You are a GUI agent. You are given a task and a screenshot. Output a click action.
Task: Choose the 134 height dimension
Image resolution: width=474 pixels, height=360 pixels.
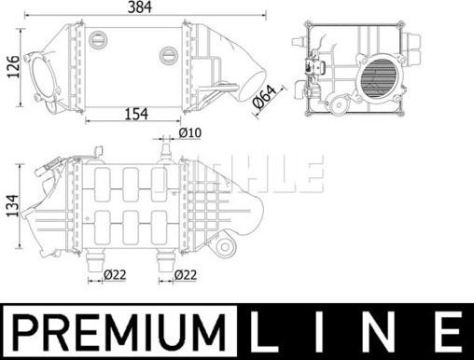coord(13,205)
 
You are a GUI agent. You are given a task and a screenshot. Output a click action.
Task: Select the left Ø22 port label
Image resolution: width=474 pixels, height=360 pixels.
coord(115,274)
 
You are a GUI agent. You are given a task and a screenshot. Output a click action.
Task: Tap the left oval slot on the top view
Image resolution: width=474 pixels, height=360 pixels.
coord(98,40)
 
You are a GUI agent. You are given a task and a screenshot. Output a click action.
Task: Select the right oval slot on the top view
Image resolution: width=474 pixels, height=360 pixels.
coord(167,54)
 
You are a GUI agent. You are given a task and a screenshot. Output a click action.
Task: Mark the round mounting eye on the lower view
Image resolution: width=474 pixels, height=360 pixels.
coord(225,246)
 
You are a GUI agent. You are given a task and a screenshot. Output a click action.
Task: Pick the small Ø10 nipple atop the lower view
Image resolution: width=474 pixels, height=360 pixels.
coord(165,149)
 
